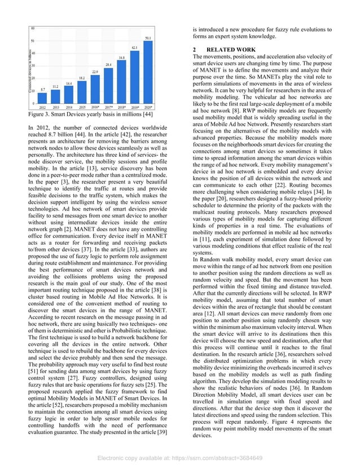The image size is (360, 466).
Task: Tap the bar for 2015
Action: (82, 92)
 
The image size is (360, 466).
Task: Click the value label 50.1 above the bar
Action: (147, 38)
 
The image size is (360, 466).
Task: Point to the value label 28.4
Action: (108, 65)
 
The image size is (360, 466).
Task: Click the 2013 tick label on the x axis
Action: (56, 107)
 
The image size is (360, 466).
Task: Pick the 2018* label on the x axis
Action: (121, 107)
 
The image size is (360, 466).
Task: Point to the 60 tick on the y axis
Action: (33, 28)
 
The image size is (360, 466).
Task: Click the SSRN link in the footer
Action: (179, 458)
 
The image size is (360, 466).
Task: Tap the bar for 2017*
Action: (108, 86)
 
